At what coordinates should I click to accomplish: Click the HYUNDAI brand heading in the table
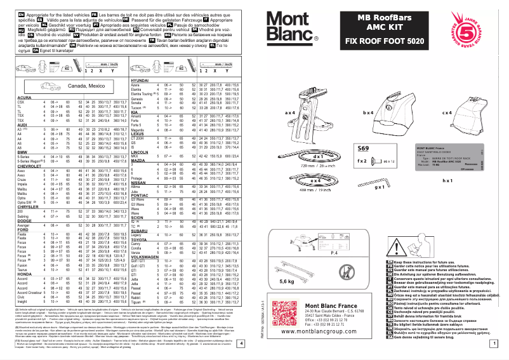coord(139,81)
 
